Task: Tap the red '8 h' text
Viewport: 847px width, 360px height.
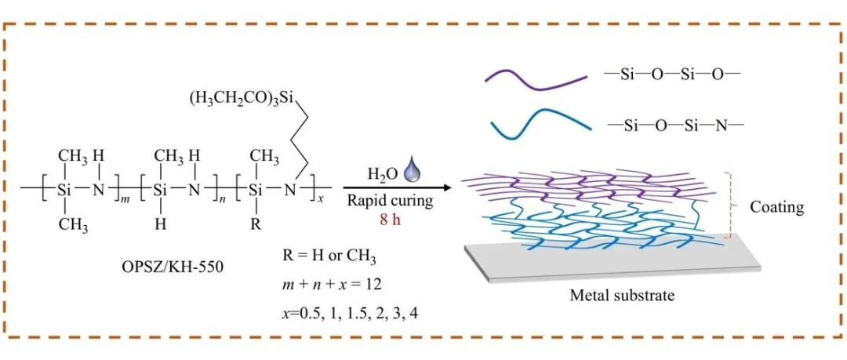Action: pos(389,220)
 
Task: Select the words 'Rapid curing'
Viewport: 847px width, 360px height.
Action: pos(389,202)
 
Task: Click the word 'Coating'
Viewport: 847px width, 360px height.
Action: pos(776,207)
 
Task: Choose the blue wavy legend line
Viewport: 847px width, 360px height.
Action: pos(536,126)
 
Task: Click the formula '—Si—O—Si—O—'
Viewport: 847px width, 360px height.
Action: pos(674,75)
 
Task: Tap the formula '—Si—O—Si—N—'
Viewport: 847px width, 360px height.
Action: pos(674,125)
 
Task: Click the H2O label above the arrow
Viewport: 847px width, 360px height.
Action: pos(382,174)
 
